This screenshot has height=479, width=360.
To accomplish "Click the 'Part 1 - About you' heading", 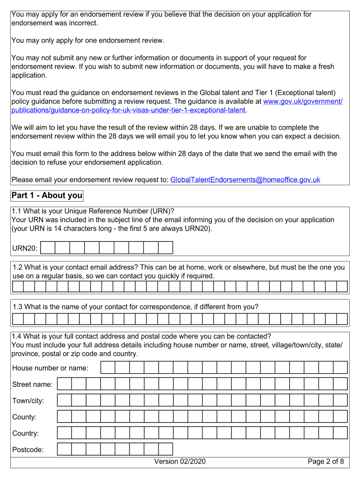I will point(47,196).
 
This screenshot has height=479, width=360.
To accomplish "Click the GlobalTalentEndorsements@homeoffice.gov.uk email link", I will point(245,180).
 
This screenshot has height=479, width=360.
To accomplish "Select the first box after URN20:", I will point(48,247).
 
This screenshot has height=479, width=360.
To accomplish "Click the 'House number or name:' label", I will point(50,368).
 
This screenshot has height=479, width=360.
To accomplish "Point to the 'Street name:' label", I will point(32,385).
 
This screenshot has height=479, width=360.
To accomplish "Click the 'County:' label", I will point(24,417).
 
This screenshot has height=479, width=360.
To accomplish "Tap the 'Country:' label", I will point(26,434).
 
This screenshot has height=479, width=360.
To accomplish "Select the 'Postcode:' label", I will point(28,450).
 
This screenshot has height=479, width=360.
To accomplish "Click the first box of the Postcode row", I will point(65,449).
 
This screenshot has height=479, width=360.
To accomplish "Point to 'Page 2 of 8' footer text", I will point(326,462).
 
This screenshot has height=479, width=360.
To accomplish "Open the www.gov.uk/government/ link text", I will point(303,102).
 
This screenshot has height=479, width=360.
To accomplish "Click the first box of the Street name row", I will point(65,384).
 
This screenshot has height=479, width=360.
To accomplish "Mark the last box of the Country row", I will point(340,433).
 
